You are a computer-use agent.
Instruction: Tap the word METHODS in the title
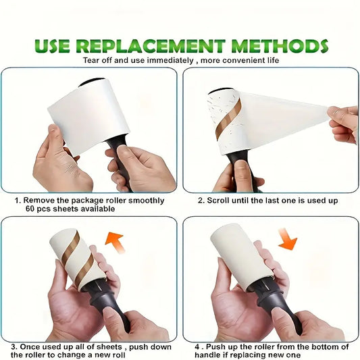282,47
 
